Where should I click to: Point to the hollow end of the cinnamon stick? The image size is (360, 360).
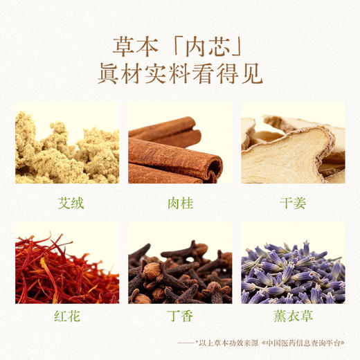[215, 168]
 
